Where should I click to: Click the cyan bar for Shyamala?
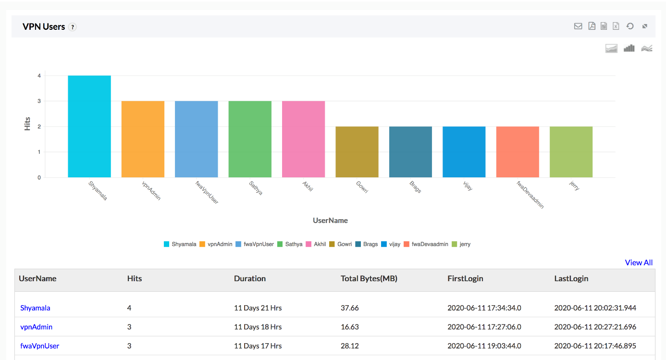click(89, 126)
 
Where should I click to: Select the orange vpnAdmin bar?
click(143, 139)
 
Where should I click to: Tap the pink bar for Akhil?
click(303, 139)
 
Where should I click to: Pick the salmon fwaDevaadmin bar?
click(518, 152)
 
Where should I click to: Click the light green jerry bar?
click(571, 152)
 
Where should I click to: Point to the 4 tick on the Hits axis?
click(39, 76)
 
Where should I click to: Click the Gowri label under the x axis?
click(362, 187)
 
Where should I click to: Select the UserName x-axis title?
click(330, 221)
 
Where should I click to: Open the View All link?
click(639, 262)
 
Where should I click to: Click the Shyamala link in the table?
click(35, 308)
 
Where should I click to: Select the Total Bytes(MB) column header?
click(369, 278)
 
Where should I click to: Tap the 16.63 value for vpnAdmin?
click(350, 327)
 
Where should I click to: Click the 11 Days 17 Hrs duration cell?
click(258, 346)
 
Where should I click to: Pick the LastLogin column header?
click(571, 278)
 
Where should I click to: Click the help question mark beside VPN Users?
click(73, 27)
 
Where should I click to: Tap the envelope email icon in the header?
click(578, 26)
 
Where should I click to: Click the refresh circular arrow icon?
click(630, 26)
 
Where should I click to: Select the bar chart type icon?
click(629, 48)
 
